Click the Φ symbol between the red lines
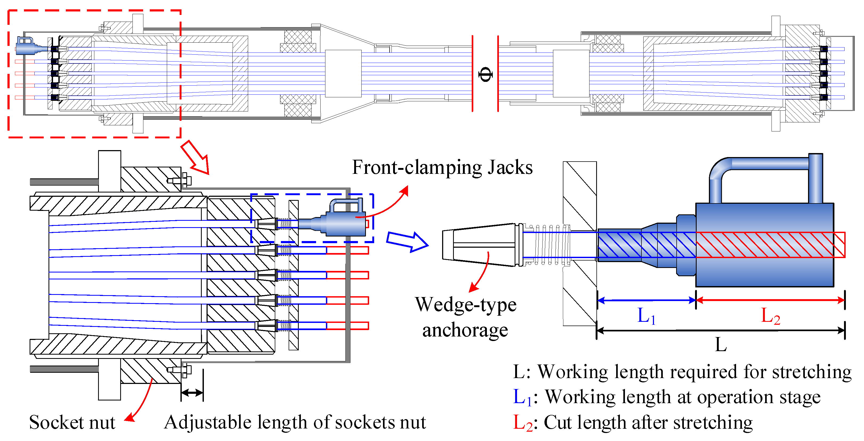pyautogui.click(x=485, y=74)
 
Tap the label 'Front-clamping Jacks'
pyautogui.click(x=442, y=167)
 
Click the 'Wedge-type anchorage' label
pyautogui.click(x=465, y=317)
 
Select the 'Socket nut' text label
pyautogui.click(x=72, y=422)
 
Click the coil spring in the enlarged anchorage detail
pyautogui.click(x=550, y=245)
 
